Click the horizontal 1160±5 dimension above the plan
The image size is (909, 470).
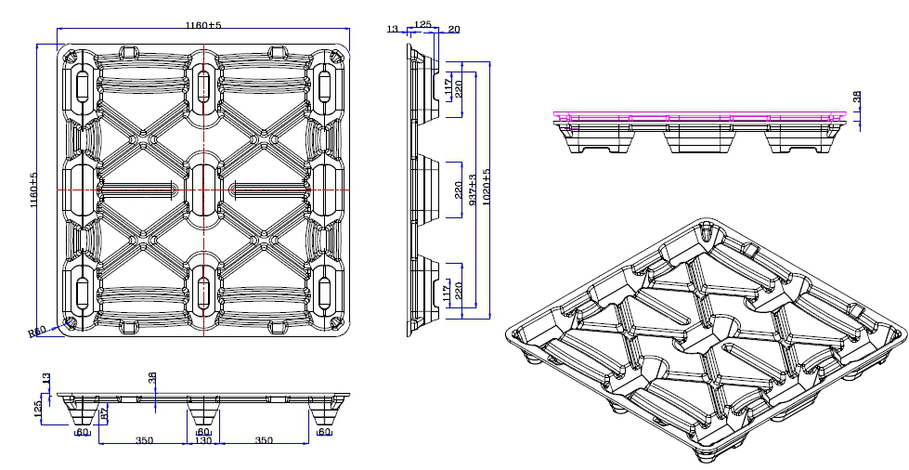tap(203, 24)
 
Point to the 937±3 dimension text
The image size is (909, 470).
tap(474, 190)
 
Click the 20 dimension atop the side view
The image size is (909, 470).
tap(453, 29)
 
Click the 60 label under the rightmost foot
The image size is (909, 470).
tap(324, 431)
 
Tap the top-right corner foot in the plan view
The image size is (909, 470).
tap(325, 85)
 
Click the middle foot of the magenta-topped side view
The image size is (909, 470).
tap(695, 138)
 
